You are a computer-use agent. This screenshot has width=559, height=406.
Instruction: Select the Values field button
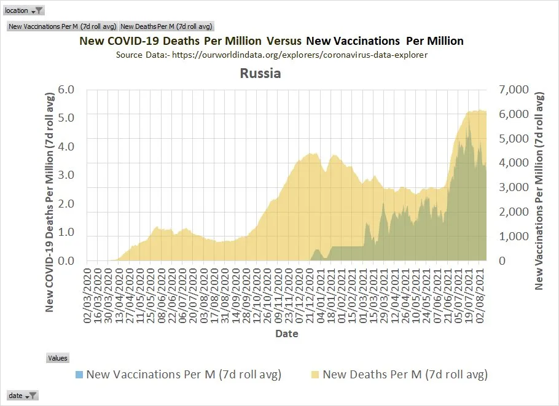click(x=58, y=358)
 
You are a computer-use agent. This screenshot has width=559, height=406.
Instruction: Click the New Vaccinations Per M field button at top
click(x=62, y=26)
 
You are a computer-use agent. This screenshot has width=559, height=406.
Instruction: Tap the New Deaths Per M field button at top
click(x=166, y=26)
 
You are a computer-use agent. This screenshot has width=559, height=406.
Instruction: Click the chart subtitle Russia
click(x=260, y=74)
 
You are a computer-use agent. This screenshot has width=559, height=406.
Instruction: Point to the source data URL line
click(x=271, y=55)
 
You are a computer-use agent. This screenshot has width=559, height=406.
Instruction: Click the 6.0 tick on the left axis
click(x=65, y=90)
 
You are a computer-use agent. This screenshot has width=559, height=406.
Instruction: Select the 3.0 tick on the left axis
click(x=65, y=175)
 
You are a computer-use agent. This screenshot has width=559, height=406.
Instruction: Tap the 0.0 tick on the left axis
click(x=65, y=261)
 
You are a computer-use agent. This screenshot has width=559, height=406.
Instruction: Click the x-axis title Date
click(x=286, y=334)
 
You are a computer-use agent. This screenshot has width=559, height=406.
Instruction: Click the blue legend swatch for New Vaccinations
click(x=79, y=374)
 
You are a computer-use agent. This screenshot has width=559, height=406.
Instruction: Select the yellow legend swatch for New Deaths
click(x=315, y=374)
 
